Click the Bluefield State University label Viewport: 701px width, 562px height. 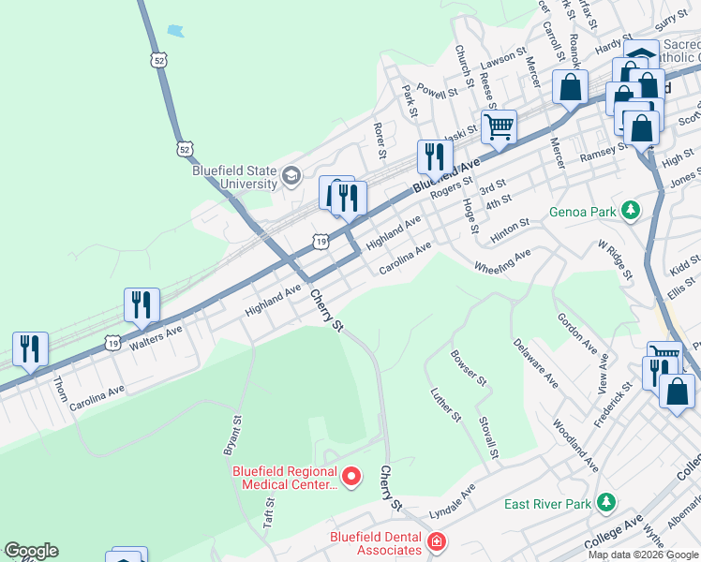[234, 177]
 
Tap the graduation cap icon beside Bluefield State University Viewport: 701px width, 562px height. [291, 175]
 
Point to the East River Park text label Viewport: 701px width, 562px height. [548, 504]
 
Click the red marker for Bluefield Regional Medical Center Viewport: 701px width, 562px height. [351, 478]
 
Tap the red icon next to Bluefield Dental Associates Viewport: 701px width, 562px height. [436, 541]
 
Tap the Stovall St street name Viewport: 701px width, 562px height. [487, 438]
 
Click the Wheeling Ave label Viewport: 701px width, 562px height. [502, 259]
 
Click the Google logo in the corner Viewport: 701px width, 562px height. [31, 551]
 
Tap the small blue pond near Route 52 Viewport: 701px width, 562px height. [175, 30]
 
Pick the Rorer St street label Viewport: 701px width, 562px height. [380, 139]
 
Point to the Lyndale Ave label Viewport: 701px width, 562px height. [453, 503]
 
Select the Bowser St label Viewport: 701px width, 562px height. [469, 367]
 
